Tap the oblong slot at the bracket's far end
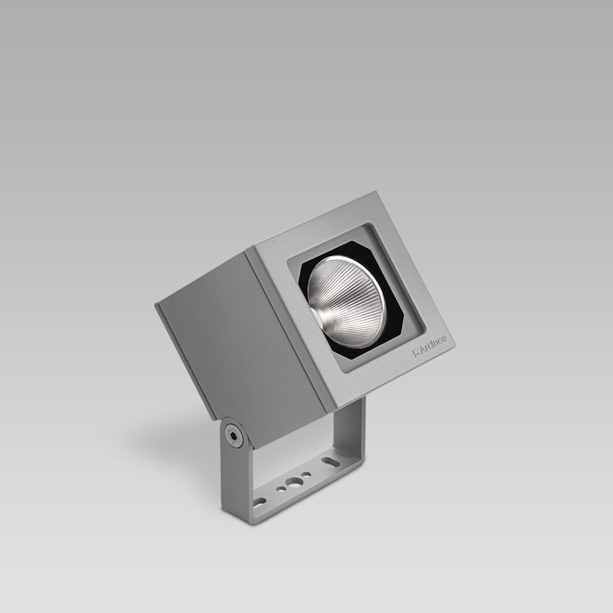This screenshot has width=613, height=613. (330, 459)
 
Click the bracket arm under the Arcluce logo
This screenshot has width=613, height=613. (352, 429)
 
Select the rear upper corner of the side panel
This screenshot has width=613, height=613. (156, 304)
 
